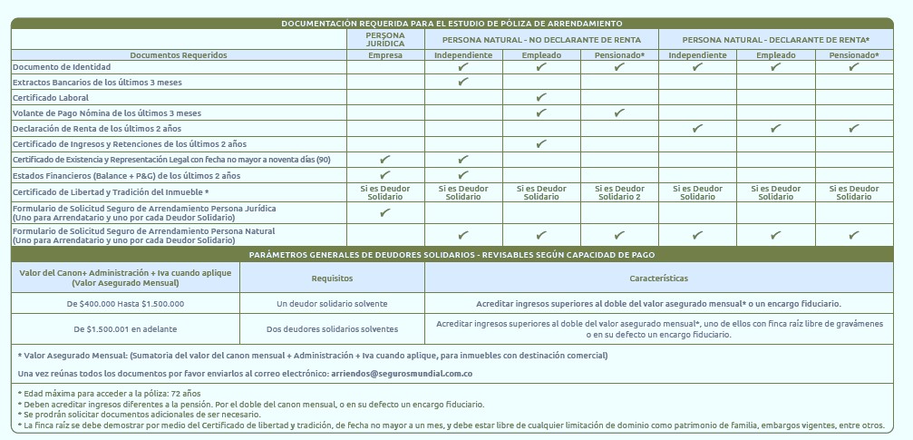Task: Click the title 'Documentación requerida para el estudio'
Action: click(x=452, y=23)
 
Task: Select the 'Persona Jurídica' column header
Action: click(x=385, y=39)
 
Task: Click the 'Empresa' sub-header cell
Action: click(x=385, y=55)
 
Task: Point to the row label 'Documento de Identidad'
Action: click(x=62, y=67)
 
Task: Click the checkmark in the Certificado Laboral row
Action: click(x=541, y=97)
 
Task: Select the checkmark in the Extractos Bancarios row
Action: click(x=463, y=82)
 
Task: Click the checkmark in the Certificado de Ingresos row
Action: click(x=541, y=143)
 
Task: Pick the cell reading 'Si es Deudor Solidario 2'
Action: click(x=619, y=192)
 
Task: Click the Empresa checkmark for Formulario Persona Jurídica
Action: click(x=385, y=213)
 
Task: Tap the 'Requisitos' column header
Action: click(x=332, y=279)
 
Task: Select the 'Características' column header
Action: click(x=658, y=279)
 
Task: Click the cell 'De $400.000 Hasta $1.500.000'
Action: click(x=125, y=303)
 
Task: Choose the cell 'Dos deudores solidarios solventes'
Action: click(x=332, y=328)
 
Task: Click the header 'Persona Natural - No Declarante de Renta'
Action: click(x=541, y=39)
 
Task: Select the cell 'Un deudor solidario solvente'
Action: click(x=332, y=303)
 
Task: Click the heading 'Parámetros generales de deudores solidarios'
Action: click(x=452, y=255)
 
